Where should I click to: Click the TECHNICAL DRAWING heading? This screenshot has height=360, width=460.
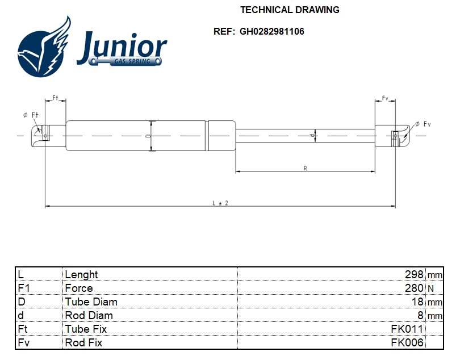[290, 10]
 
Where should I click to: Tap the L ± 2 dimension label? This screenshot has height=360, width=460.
[220, 203]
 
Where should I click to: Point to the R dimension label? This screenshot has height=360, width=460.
[305, 168]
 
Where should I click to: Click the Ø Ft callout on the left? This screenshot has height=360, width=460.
[31, 115]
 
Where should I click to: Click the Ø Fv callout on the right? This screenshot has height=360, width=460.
[423, 124]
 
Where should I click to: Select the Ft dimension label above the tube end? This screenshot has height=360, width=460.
[55, 98]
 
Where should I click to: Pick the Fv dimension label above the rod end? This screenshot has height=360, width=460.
[384, 98]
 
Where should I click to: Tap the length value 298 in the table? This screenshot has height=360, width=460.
[414, 274]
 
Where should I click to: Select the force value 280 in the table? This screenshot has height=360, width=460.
[414, 288]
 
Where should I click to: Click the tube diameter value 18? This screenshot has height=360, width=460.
[417, 302]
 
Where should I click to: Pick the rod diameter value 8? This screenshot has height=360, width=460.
[421, 315]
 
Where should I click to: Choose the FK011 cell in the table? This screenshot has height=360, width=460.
[407, 329]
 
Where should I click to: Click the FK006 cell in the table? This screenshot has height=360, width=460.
[407, 342]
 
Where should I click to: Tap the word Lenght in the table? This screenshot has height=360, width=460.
[81, 274]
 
